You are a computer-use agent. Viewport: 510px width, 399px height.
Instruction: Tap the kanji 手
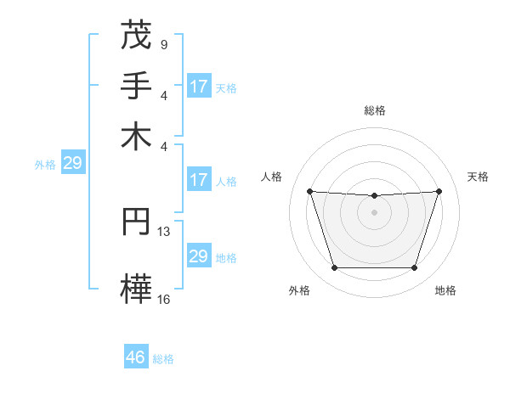[x=136, y=86]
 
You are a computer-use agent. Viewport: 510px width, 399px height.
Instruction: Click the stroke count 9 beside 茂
[x=163, y=43]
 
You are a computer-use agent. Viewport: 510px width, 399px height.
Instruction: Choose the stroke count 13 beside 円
[x=164, y=231]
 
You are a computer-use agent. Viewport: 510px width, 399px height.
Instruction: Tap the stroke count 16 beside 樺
[x=164, y=298]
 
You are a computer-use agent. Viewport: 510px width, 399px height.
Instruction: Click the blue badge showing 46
[x=136, y=357]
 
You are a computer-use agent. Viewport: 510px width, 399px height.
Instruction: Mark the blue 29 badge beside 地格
[x=198, y=256]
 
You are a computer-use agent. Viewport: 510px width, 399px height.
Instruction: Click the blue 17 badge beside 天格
[x=199, y=87]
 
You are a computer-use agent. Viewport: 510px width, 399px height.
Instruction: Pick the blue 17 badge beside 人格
[x=199, y=180]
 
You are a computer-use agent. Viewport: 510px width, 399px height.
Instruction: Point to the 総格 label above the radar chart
[x=374, y=110]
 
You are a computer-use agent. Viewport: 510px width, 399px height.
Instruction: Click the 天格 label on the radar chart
[x=479, y=177]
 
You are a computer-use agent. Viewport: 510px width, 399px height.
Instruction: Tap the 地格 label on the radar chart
[x=445, y=290]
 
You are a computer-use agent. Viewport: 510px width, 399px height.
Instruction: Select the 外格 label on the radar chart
[x=299, y=290]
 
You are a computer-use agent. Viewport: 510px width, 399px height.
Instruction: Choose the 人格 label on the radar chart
[x=272, y=177]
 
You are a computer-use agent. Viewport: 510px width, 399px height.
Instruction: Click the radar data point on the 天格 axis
[x=439, y=191]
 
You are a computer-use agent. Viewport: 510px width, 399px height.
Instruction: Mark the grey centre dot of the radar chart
[x=374, y=212]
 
